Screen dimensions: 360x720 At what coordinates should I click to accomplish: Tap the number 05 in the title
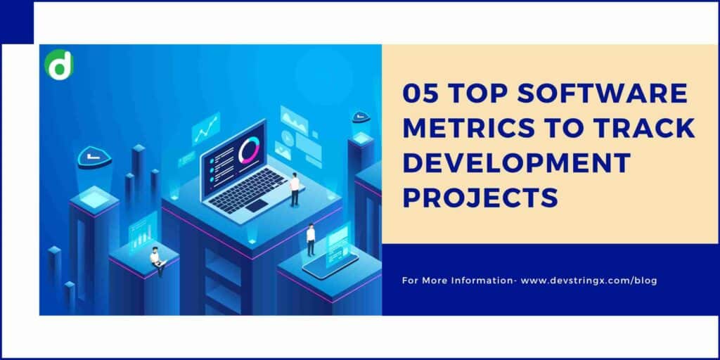tap(420, 94)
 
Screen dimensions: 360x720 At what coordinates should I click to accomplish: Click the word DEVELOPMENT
tap(516, 163)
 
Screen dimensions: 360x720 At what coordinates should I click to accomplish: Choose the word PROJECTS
tap(480, 198)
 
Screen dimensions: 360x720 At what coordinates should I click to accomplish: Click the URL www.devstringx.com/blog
tap(589, 281)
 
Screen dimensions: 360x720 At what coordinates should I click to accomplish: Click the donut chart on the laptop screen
tap(249, 150)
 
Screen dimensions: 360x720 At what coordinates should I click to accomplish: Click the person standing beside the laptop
tap(295, 188)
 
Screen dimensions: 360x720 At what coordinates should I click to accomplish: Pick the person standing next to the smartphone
tap(311, 239)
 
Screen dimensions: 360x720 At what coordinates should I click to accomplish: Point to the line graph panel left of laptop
tap(207, 129)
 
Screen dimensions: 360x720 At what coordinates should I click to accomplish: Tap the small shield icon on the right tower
tap(361, 117)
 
